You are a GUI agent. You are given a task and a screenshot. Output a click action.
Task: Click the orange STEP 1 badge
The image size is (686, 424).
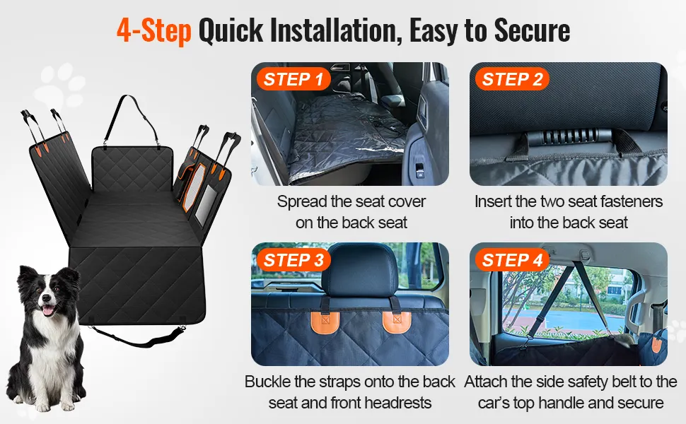(293, 79)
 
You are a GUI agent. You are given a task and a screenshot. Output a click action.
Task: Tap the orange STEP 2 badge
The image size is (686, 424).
(512, 79)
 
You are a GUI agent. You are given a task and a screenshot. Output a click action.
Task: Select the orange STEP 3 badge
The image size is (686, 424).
(293, 260)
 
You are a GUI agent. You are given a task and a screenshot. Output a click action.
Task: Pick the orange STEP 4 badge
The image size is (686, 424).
(512, 260)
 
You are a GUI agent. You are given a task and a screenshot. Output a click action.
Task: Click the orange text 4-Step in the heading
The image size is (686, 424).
(154, 30)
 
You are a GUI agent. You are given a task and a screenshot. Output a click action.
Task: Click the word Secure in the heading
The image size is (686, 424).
(532, 30)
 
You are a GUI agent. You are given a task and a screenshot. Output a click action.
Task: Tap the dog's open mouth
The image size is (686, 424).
(48, 310)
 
